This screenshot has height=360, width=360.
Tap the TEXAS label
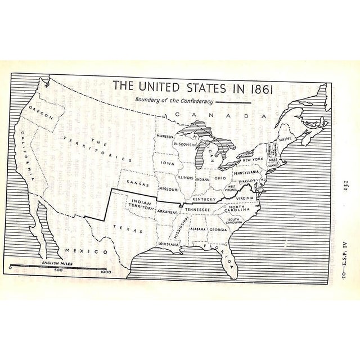123,228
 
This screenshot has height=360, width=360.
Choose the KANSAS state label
137,183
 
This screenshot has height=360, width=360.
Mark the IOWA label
168,163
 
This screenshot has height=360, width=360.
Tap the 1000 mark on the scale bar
105,270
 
